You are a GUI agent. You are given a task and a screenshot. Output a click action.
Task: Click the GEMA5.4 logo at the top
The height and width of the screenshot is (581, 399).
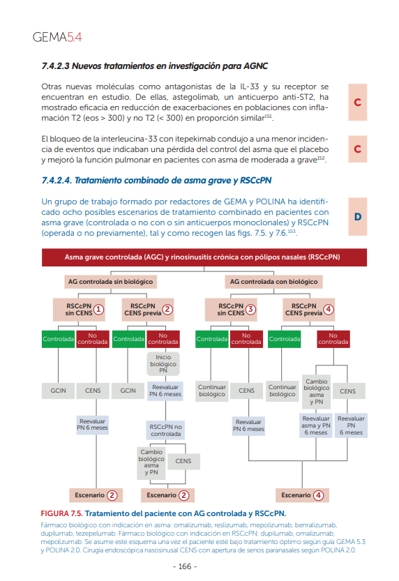(x=57, y=37)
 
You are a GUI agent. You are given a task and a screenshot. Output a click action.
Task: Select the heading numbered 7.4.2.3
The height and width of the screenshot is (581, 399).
(x=154, y=66)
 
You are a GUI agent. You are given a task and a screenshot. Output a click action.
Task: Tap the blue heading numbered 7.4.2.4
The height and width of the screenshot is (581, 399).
(x=156, y=181)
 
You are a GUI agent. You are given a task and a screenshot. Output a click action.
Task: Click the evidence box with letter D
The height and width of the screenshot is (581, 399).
(x=358, y=217)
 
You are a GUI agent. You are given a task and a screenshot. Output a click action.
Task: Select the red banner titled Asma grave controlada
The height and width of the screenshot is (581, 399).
(x=204, y=257)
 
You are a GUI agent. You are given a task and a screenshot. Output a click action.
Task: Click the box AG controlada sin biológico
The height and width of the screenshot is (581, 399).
(x=110, y=282)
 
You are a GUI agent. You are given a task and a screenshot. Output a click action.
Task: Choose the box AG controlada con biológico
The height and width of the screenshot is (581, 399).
(x=273, y=282)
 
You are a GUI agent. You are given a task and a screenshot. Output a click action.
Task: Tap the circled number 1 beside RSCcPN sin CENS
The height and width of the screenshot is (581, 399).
(x=98, y=310)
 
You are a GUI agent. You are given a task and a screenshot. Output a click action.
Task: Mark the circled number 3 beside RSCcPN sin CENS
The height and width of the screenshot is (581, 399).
(x=251, y=310)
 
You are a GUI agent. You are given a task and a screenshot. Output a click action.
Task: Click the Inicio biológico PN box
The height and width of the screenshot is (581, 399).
(x=163, y=363)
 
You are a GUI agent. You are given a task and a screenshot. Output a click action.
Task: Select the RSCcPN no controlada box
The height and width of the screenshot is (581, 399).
(x=165, y=430)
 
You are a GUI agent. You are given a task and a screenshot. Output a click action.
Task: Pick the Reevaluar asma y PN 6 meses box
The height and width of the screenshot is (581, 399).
(x=316, y=425)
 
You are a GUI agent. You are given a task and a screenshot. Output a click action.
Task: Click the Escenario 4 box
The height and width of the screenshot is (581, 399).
(x=302, y=495)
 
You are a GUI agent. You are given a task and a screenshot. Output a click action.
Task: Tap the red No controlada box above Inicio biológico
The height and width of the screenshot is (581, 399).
(x=163, y=339)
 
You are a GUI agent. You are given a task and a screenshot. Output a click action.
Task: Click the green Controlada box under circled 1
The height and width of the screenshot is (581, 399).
(x=58, y=339)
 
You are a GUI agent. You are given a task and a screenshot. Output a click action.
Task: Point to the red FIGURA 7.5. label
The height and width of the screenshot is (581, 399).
(x=61, y=513)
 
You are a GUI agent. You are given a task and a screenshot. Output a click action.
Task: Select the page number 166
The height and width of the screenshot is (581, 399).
(x=185, y=566)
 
